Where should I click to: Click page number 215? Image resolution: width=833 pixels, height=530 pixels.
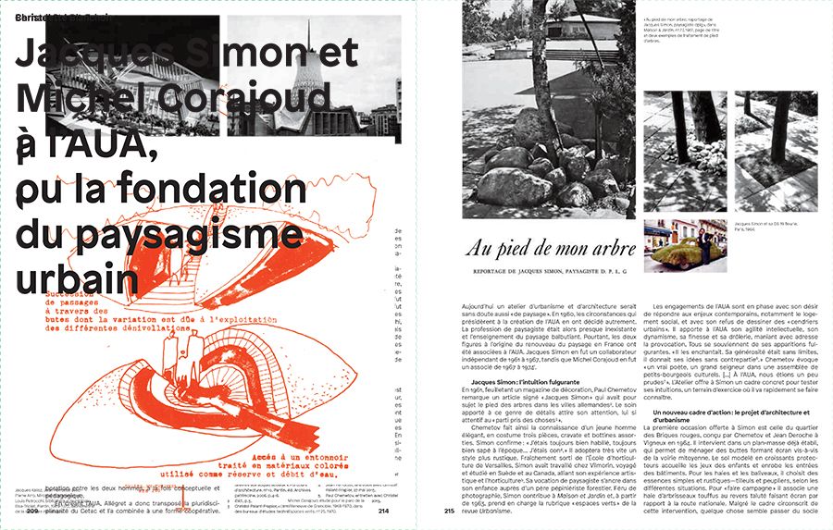click(x=451, y=511)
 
